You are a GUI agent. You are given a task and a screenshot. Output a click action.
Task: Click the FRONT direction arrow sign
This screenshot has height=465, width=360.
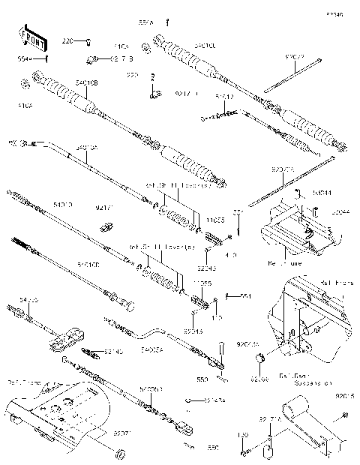(x=28, y=37)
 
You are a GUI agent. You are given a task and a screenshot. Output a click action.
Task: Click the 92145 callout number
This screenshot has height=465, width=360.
(x=113, y=351)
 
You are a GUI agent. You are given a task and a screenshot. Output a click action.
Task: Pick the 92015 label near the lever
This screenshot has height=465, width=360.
(x=344, y=395)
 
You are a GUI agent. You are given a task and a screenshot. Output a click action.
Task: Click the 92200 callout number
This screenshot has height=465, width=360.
(x=259, y=380)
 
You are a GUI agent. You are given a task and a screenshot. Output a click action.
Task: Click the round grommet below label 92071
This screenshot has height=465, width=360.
(x=118, y=455)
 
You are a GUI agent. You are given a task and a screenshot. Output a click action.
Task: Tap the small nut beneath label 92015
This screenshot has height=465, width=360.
(x=334, y=442)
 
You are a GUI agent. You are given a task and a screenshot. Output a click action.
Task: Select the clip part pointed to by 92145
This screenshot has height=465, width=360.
(x=93, y=352)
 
